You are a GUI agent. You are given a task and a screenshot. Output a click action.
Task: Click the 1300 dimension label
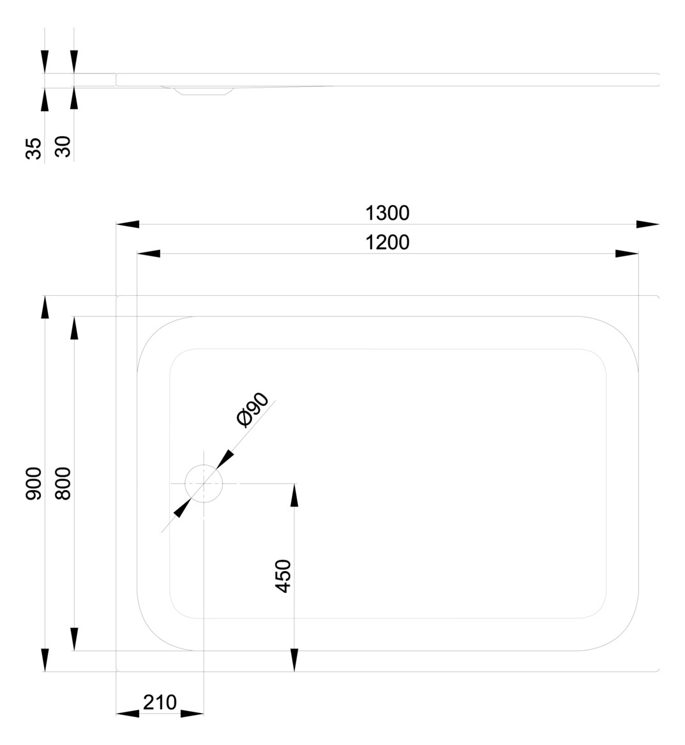point(387,213)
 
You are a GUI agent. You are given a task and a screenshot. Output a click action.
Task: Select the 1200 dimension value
point(387,243)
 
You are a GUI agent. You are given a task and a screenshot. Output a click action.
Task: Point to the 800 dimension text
point(63,484)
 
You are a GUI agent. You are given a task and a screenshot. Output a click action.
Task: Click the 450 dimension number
point(283,576)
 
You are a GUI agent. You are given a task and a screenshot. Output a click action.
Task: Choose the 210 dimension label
point(160,702)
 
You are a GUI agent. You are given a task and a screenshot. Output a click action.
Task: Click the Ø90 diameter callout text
point(253,410)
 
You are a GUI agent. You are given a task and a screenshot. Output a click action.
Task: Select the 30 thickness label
point(63,146)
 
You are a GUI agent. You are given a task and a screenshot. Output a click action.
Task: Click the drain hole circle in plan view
point(204,483)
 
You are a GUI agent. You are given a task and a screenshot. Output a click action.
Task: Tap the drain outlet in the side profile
point(204,90)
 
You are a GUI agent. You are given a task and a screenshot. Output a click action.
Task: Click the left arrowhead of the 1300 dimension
point(128,224)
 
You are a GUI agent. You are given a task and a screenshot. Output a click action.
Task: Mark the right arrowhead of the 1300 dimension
point(648,224)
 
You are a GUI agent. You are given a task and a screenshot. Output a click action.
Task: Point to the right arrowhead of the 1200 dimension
point(627,254)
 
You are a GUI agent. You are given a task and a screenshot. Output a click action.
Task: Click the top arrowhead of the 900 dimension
point(45,307)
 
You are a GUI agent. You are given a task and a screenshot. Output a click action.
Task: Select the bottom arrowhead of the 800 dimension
point(74,639)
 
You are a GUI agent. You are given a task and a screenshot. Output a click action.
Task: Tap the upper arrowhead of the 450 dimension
point(294,495)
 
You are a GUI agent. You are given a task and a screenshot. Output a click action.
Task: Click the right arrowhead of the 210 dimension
point(192,713)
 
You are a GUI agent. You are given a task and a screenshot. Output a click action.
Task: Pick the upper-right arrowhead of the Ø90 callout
point(225,459)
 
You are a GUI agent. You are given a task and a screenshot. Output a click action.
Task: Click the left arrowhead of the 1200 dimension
point(149,254)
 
